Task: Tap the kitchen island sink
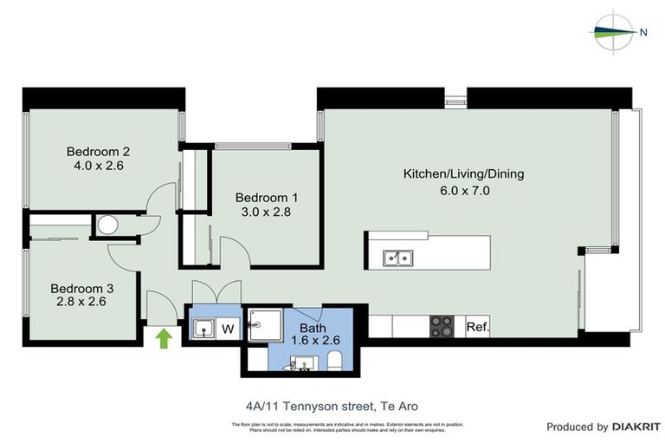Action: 399,258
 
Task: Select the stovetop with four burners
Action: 442,326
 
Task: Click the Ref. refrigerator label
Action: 478,327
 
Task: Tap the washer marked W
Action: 229,329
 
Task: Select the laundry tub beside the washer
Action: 203,330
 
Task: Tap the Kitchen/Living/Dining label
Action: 463,173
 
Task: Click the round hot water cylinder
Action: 107,225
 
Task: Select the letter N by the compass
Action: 643,32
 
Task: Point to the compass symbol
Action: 615,31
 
